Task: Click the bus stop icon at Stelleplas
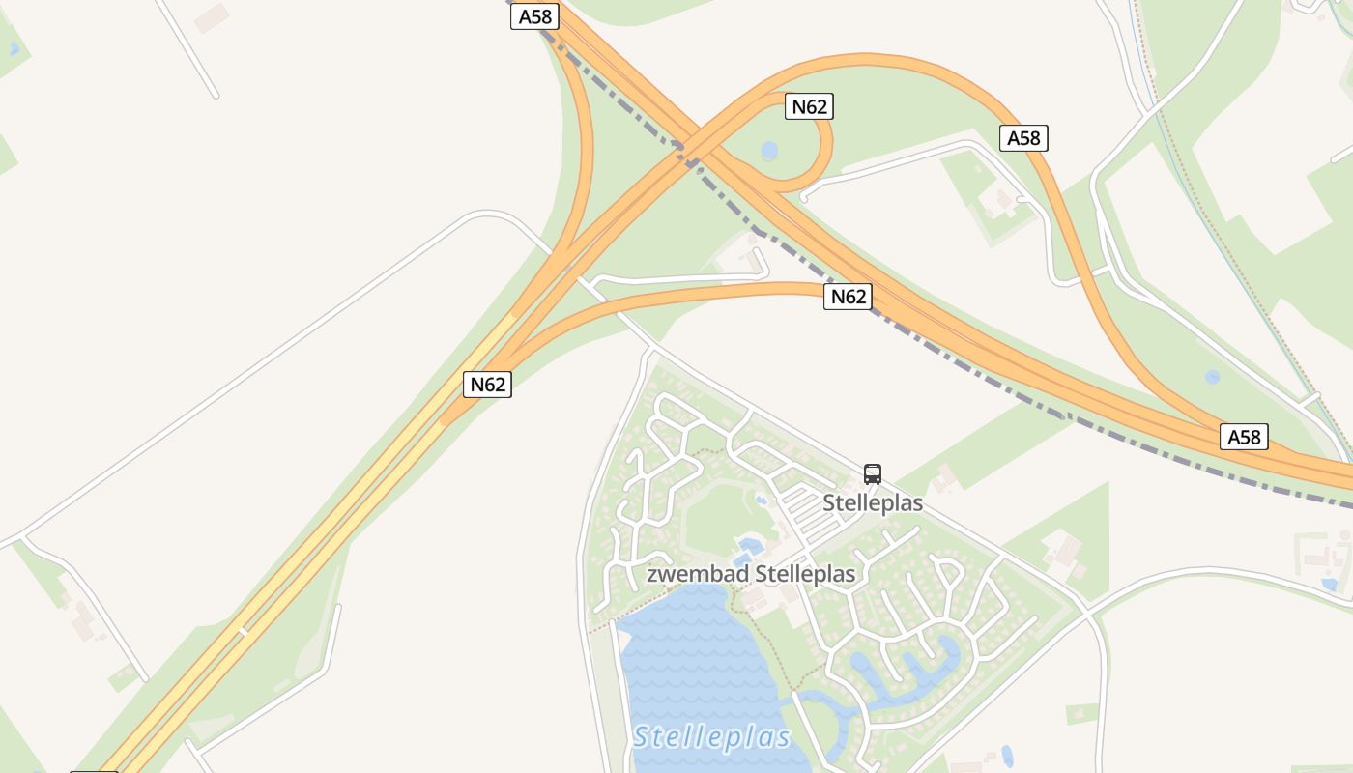(873, 473)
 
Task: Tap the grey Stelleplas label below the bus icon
(873, 503)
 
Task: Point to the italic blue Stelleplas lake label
(712, 737)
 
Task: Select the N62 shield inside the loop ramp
(809, 106)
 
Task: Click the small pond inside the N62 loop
(769, 151)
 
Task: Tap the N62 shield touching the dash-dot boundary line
(848, 297)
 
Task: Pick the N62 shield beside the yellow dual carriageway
(487, 385)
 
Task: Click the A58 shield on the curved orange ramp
(1023, 138)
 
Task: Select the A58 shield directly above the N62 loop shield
(535, 16)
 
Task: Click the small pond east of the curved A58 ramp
(1212, 377)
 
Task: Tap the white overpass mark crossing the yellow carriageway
(244, 632)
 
